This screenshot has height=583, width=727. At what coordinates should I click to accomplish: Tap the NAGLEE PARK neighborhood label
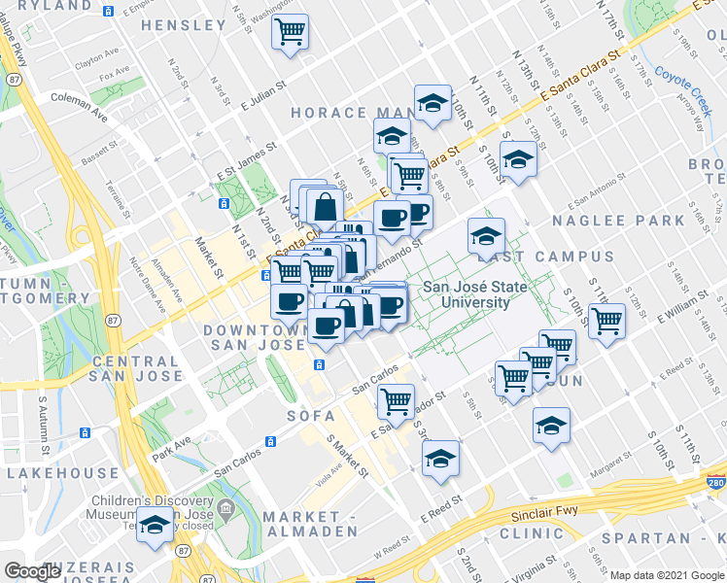618,222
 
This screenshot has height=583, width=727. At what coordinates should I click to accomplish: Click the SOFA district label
310,416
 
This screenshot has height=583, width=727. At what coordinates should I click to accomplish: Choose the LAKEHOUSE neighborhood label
61,473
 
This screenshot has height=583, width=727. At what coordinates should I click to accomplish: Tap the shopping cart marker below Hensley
290,33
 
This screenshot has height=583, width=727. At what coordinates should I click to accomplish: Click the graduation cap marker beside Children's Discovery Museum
154,526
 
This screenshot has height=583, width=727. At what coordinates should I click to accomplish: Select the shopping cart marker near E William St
607,320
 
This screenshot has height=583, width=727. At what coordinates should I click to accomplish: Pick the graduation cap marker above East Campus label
486,234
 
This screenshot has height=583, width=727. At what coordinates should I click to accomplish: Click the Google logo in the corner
32,571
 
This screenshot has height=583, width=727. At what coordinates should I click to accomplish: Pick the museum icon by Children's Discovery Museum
225,507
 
